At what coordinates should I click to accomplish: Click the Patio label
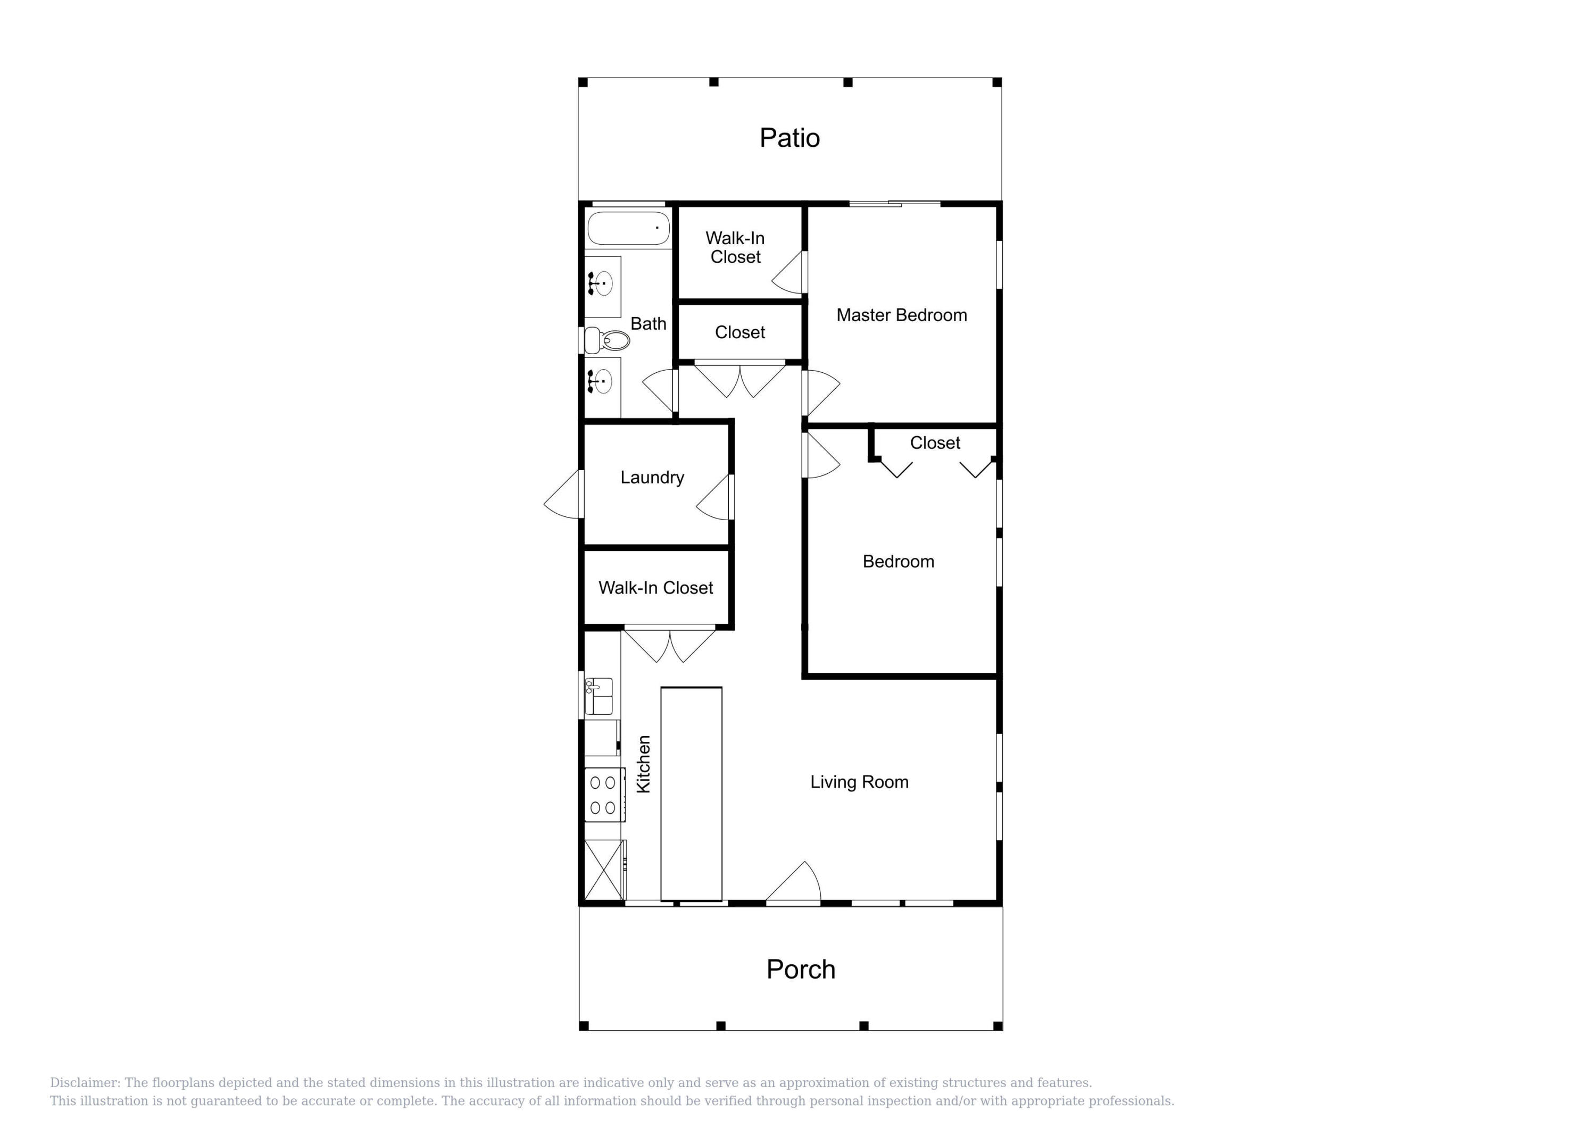(x=789, y=138)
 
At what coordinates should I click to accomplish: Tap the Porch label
(x=800, y=969)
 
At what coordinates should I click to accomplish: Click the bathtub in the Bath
(x=628, y=228)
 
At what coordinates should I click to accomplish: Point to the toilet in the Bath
(x=608, y=340)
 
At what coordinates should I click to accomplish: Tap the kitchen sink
(x=598, y=696)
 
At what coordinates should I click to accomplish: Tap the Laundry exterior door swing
(x=563, y=495)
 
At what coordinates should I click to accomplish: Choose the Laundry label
(x=652, y=478)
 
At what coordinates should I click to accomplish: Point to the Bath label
(x=648, y=324)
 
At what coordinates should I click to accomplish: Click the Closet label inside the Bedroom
(x=934, y=442)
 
